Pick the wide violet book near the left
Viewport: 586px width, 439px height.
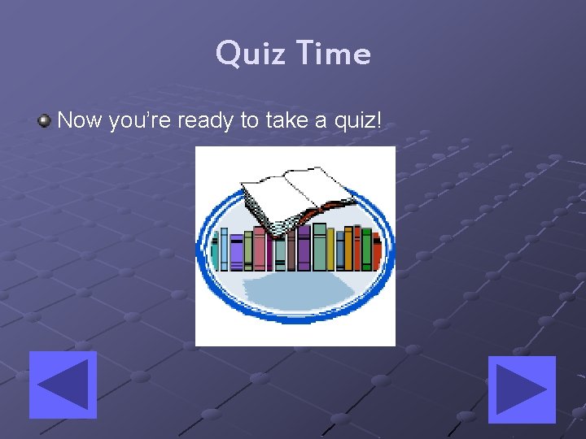[237, 252]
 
